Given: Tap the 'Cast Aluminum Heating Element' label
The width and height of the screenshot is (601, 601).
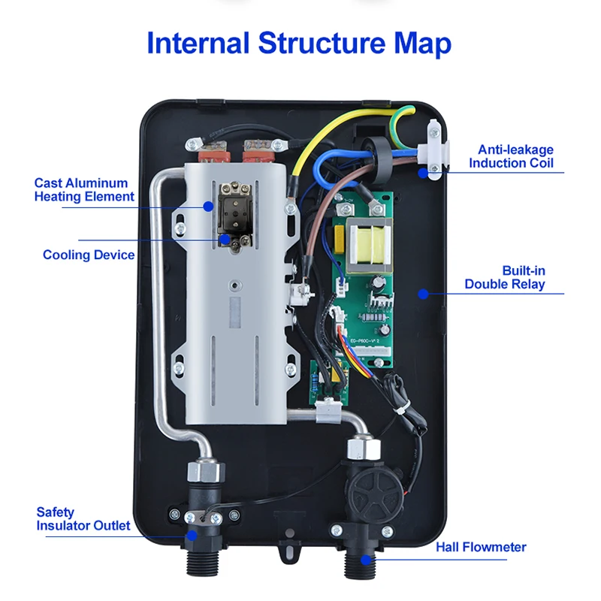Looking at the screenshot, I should (84, 190).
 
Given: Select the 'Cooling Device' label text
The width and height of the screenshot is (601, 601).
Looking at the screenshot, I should (89, 255).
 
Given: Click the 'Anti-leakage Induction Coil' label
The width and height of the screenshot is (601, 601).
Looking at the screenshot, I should (511, 156).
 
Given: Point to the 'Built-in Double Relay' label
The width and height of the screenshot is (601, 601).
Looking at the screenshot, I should (504, 277).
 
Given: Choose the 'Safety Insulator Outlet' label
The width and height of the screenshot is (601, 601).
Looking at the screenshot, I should (83, 519).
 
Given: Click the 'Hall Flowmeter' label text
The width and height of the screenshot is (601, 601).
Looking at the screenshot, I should (481, 547).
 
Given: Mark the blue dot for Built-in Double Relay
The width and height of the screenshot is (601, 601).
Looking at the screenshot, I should (423, 294).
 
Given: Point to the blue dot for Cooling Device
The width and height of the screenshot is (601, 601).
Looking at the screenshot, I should (224, 239).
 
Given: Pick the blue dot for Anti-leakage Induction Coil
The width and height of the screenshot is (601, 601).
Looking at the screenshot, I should (424, 172).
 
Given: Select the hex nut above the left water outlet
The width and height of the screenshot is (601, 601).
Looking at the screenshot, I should (205, 471).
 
